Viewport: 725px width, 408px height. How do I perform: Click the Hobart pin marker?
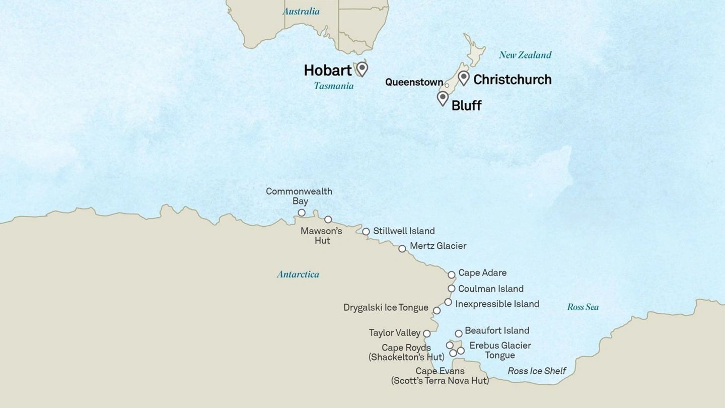[x=362, y=68]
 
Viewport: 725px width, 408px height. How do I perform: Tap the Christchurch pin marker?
[x=464, y=77]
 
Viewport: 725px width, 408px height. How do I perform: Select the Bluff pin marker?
[x=443, y=97]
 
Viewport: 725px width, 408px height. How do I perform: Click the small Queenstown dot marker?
[x=447, y=86]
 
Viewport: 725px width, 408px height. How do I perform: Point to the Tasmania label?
[x=334, y=86]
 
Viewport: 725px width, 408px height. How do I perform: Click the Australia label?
[x=301, y=11]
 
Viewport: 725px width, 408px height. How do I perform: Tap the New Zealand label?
[x=525, y=55]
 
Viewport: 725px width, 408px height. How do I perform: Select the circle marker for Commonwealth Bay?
[x=302, y=213]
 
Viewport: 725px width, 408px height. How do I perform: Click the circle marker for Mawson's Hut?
[x=328, y=219]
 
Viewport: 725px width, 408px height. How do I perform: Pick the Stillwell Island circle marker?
[x=366, y=232]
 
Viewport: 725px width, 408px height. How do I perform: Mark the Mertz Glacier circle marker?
[x=402, y=248]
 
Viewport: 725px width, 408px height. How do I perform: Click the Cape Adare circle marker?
[x=452, y=275]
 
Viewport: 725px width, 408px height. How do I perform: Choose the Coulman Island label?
[x=491, y=289]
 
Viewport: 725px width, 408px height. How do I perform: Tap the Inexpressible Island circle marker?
[x=448, y=302]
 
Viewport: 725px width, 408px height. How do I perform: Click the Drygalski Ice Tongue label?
[x=386, y=307]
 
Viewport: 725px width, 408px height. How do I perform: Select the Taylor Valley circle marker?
[x=427, y=333]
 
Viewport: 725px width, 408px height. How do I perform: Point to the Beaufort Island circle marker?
[x=459, y=333]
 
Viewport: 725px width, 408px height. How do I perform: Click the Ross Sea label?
[x=583, y=307]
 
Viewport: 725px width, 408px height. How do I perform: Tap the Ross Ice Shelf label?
[x=537, y=371]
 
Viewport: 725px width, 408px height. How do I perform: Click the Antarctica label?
[x=298, y=275]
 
